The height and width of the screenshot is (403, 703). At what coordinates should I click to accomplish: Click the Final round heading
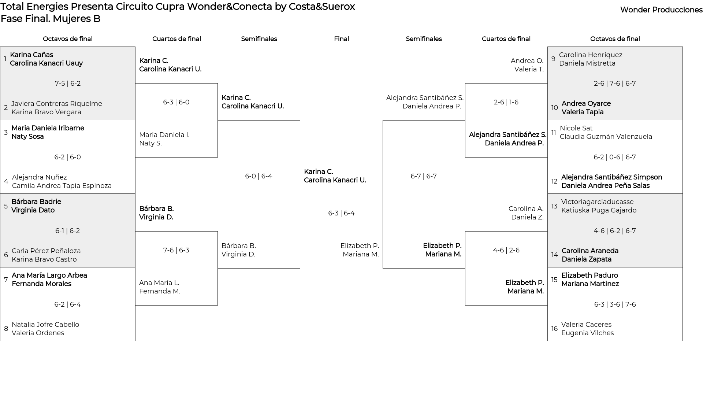341,39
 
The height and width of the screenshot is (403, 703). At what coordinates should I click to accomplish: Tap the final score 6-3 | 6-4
341,213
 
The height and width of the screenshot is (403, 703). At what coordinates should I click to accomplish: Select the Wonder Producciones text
661,10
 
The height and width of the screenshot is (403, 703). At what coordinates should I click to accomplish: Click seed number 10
555,108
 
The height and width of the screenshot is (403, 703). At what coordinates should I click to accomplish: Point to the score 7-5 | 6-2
68,84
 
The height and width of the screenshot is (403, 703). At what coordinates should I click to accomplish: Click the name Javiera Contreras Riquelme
57,104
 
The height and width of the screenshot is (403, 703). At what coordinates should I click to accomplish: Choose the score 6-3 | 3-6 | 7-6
615,304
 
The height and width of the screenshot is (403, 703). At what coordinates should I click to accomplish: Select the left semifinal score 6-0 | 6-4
259,176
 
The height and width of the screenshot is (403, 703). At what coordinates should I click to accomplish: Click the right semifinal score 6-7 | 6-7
424,176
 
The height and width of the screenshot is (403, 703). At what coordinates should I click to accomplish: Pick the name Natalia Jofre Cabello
45,325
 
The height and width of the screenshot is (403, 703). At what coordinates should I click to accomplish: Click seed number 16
555,329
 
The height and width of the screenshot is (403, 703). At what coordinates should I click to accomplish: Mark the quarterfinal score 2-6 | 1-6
506,102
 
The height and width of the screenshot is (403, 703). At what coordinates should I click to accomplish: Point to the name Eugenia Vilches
588,333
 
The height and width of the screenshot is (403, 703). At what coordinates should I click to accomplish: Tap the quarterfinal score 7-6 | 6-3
176,250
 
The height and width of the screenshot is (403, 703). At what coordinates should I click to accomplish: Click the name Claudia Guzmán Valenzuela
606,137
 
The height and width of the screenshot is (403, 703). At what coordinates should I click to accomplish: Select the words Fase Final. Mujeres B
51,19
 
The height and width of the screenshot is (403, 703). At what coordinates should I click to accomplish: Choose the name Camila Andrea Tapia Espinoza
62,186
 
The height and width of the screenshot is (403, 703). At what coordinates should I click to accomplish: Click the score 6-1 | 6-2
68,231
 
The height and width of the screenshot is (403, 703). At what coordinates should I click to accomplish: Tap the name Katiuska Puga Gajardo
599,210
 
